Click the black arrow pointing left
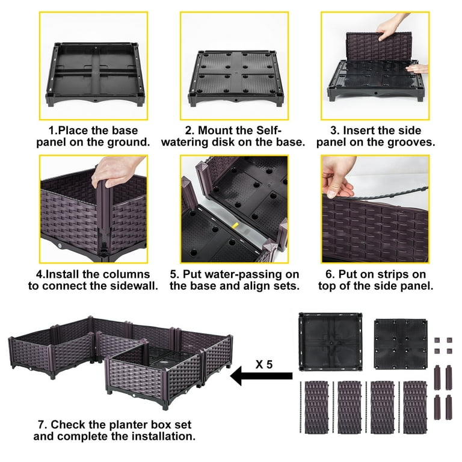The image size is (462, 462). click(261, 376)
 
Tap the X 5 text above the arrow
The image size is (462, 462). click(264, 365)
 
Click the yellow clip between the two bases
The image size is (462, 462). click(235, 226)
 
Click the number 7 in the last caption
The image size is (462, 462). click(42, 425)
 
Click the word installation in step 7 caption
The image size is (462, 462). click(163, 436)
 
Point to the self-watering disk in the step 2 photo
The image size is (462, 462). click(235, 77)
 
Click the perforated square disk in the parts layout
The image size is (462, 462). click(401, 344)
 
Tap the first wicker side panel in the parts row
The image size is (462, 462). click(316, 407)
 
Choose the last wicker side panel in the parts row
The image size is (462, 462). click(415, 407)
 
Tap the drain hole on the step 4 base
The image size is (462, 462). click(60, 245)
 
